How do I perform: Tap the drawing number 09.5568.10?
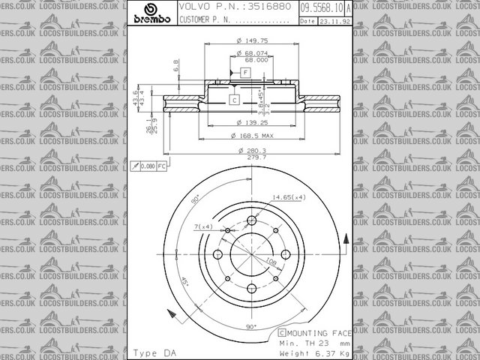(x=322, y=7)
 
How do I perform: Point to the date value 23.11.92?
(x=334, y=21)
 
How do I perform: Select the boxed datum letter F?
(x=244, y=71)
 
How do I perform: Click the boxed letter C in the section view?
(x=233, y=100)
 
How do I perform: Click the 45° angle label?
(x=185, y=283)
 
